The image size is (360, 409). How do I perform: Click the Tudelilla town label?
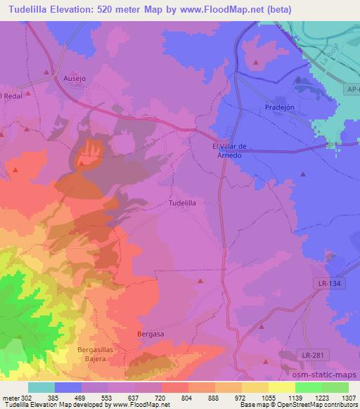pyautogui.click(x=182, y=202)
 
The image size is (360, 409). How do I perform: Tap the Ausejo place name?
pyautogui.click(x=75, y=79)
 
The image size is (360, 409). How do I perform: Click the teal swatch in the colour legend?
pyautogui.click(x=41, y=387)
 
